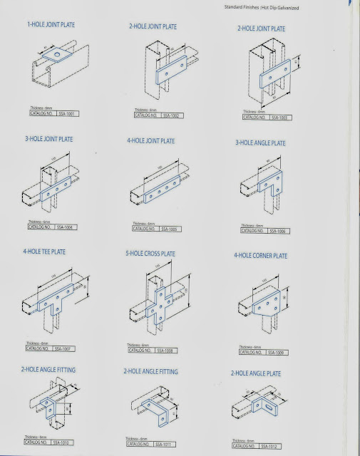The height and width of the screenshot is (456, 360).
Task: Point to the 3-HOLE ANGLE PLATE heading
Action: coord(260,143)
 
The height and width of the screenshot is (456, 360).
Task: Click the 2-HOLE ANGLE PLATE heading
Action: coord(259,373)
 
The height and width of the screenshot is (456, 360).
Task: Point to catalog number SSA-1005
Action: coord(169,229)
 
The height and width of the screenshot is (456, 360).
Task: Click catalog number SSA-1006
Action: coord(277,231)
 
